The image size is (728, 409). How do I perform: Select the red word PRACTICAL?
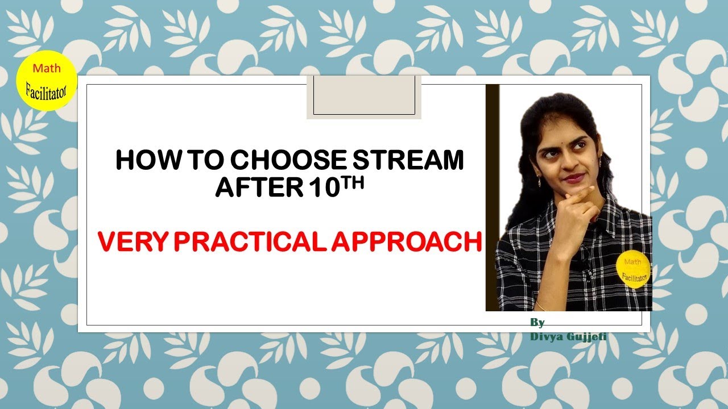pyautogui.click(x=250, y=241)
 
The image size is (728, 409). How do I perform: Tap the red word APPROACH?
pyautogui.click(x=406, y=241)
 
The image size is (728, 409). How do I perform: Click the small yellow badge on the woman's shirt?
pyautogui.click(x=633, y=270)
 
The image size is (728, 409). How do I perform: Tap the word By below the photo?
pyautogui.click(x=537, y=323)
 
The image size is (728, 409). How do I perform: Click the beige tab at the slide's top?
pyautogui.click(x=364, y=97)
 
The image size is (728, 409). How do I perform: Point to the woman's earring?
pyautogui.click(x=540, y=181)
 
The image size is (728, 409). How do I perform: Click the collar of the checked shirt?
pyautogui.click(x=603, y=210)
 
